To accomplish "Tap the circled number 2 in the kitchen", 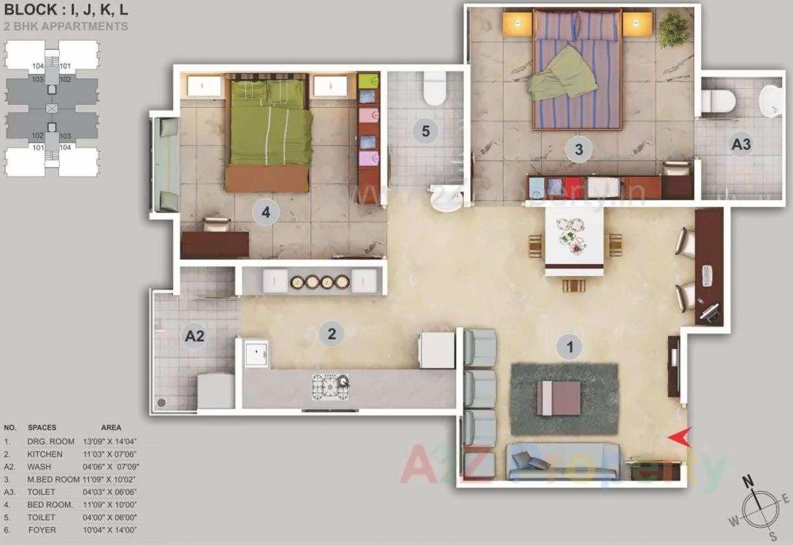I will click(x=332, y=334).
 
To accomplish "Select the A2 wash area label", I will click(x=194, y=336).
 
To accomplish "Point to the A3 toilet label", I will click(x=741, y=145).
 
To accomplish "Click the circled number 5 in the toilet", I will click(x=426, y=131).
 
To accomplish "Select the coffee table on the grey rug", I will click(x=559, y=398).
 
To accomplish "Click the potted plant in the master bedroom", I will click(x=674, y=29).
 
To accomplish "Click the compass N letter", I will click(x=748, y=481).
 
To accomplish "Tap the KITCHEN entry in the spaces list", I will click(x=45, y=454).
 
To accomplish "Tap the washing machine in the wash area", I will click(x=216, y=391).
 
